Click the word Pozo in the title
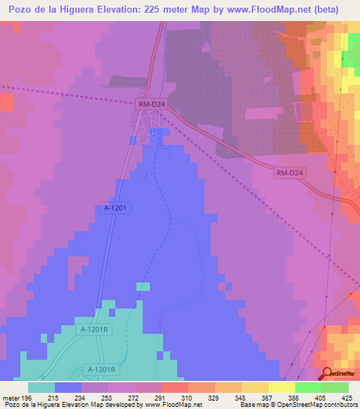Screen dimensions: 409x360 point(22,10)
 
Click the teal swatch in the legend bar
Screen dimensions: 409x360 point(41,387)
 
